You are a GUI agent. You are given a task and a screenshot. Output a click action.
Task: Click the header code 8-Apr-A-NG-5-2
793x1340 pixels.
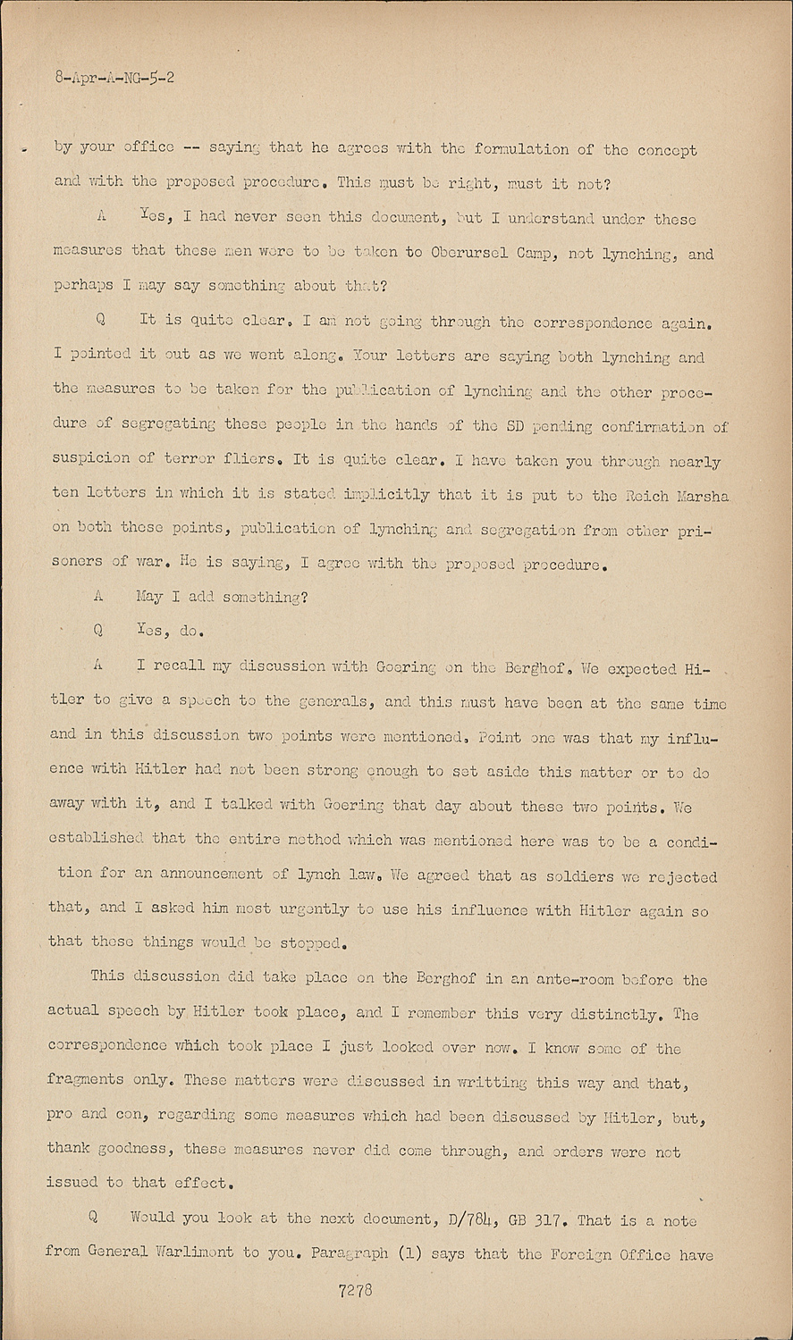tap(114, 78)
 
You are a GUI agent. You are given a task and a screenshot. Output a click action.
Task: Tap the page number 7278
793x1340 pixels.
tap(356, 1290)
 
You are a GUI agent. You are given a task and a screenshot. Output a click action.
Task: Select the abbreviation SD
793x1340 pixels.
tap(515, 426)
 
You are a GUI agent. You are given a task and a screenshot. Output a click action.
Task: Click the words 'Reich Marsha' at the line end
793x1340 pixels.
tap(687, 495)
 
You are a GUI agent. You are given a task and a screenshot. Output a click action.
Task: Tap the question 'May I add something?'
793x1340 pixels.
tap(222, 597)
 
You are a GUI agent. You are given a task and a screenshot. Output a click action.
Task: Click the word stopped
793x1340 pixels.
tap(308, 943)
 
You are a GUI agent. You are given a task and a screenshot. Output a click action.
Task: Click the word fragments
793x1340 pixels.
tap(85, 1080)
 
